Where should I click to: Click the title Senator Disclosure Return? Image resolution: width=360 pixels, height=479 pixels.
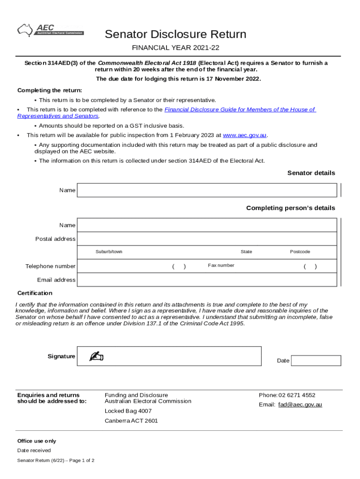click(x=175, y=34)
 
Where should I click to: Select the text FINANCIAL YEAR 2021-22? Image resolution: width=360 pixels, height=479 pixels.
click(x=175, y=48)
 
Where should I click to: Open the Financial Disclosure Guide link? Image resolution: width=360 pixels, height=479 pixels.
click(x=240, y=109)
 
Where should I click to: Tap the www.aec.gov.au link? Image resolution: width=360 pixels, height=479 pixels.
click(x=245, y=135)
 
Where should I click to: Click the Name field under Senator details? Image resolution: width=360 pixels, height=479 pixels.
click(x=207, y=190)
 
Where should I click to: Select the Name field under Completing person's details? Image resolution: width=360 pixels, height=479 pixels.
click(x=207, y=225)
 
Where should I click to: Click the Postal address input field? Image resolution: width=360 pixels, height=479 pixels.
click(x=207, y=239)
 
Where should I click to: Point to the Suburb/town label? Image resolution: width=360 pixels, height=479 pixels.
click(x=109, y=252)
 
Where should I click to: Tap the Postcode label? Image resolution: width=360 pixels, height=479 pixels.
click(x=300, y=252)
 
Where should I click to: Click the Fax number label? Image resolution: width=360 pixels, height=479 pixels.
click(x=221, y=265)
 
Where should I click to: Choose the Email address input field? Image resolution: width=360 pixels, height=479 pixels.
click(x=207, y=280)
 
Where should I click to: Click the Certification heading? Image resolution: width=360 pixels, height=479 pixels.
click(x=35, y=293)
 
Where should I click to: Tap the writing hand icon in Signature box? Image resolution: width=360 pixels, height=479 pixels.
click(x=96, y=356)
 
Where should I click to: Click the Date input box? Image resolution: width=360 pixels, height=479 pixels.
click(x=316, y=361)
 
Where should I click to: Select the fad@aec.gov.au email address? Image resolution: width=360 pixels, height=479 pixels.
click(x=300, y=405)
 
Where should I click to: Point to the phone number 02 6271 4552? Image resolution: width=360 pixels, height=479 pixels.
click(x=297, y=395)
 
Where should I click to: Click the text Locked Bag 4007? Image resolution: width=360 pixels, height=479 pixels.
click(x=128, y=411)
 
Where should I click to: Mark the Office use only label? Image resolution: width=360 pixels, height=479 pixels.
click(x=36, y=441)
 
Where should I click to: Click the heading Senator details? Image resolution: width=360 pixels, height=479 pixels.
click(x=311, y=173)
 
